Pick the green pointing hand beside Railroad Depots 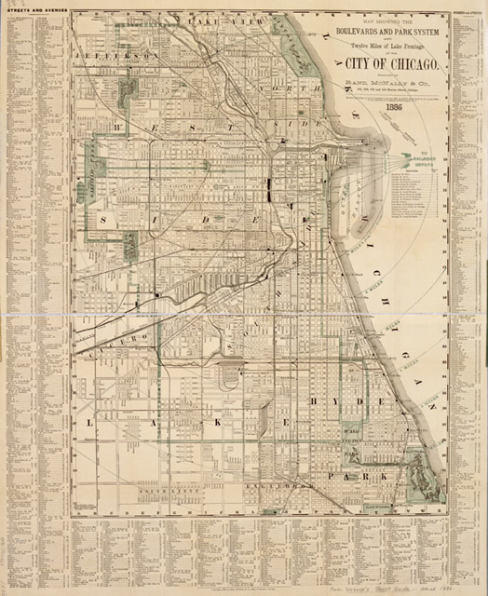click(407, 159)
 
